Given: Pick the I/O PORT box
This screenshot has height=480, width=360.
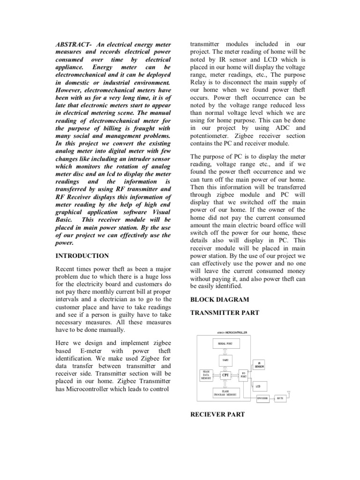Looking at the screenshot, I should point(243,375).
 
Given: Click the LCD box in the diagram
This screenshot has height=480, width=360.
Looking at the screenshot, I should point(258,387).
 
